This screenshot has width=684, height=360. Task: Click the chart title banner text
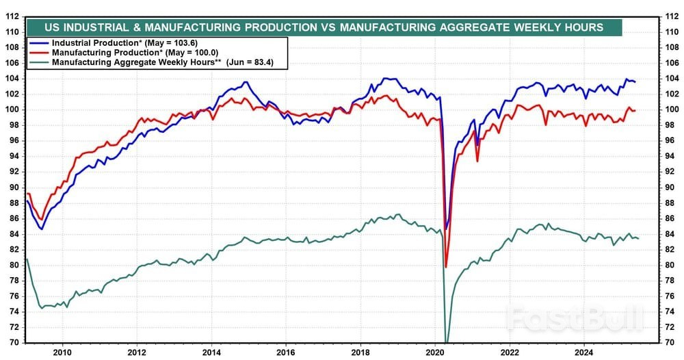click(x=324, y=27)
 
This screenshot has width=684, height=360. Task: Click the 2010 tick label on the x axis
click(x=62, y=353)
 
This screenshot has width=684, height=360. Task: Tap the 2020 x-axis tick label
click(x=435, y=353)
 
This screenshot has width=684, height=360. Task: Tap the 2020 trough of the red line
click(x=446, y=266)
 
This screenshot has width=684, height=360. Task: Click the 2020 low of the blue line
click(x=447, y=229)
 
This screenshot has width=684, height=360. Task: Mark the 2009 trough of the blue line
click(x=42, y=229)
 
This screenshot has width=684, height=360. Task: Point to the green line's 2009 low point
click(x=42, y=308)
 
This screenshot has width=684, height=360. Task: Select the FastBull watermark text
click(x=575, y=318)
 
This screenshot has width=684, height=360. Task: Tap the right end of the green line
click(x=638, y=238)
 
